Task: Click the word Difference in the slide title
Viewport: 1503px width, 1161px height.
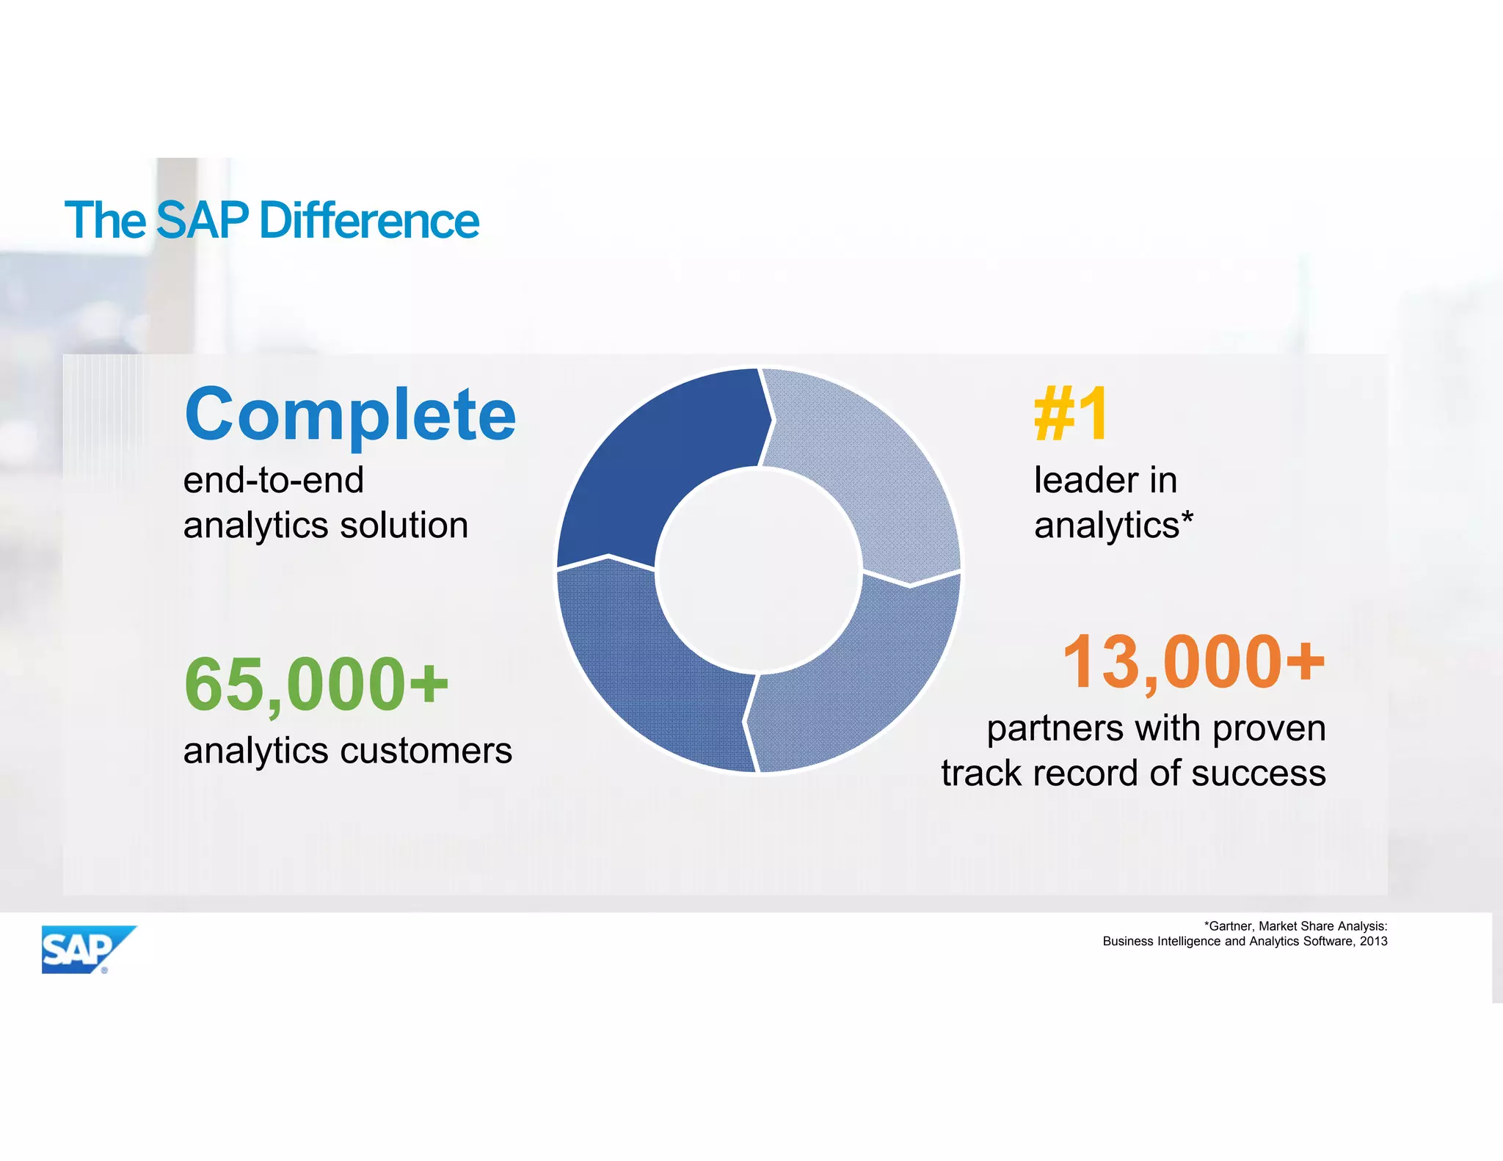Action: pyautogui.click(x=369, y=221)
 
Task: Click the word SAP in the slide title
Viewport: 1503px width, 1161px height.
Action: pyautogui.click(x=203, y=221)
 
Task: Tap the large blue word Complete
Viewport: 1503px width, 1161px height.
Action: pyautogui.click(x=350, y=415)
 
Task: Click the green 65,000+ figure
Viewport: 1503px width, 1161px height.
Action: pyautogui.click(x=316, y=684)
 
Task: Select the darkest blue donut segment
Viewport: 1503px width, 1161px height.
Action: pyautogui.click(x=660, y=470)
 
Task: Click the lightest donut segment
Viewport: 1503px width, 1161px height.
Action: pyautogui.click(x=866, y=470)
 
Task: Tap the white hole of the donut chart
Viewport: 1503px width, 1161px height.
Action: pyautogui.click(x=759, y=571)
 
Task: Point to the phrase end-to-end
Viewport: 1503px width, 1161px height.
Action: pyautogui.click(x=273, y=481)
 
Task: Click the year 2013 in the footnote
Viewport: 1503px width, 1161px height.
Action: pyautogui.click(x=1373, y=942)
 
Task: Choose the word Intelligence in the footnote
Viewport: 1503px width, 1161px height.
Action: pyautogui.click(x=1195, y=942)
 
